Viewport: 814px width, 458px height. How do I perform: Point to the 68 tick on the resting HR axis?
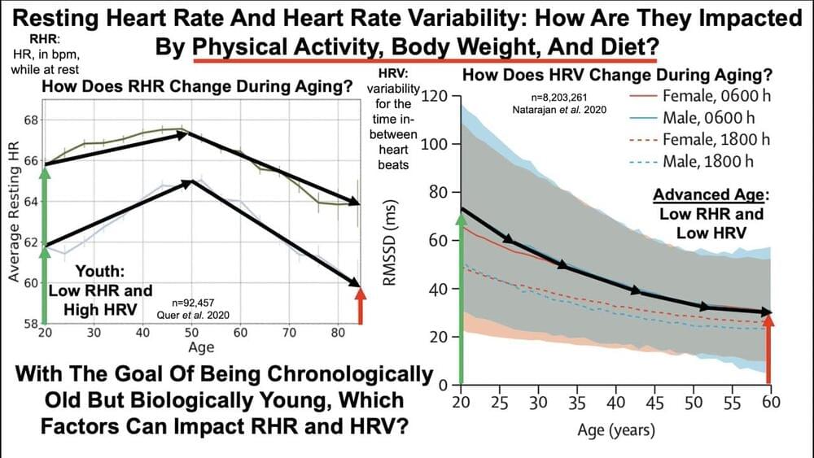tap(31, 120)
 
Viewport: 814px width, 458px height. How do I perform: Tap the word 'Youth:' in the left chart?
tap(102, 273)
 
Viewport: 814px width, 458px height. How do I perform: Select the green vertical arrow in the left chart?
tap(45, 244)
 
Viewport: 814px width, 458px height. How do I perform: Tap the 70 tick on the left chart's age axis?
tap(288, 332)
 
